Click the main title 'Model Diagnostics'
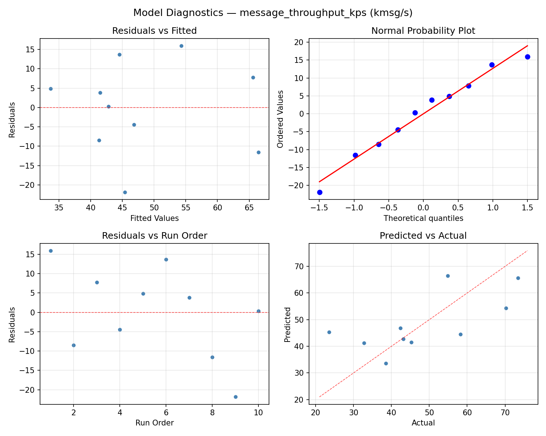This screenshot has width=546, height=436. (273, 13)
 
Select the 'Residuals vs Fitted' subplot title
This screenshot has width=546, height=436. (154, 31)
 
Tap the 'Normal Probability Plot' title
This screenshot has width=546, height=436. (423, 31)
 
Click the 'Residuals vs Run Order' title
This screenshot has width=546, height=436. (154, 236)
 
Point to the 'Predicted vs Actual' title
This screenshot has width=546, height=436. (423, 236)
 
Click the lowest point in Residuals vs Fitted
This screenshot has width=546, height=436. (125, 192)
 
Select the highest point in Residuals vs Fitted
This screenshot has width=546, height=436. (181, 46)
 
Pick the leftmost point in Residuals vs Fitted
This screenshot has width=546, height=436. (51, 89)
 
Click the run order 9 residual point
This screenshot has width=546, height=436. (236, 397)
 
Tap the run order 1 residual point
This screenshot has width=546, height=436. (51, 251)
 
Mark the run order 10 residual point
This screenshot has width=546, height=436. (258, 311)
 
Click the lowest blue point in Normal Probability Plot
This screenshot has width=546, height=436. (320, 192)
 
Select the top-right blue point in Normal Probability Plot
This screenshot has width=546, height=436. (527, 57)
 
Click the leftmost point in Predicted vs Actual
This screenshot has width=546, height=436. (329, 332)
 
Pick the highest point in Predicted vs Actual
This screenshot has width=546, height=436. (448, 276)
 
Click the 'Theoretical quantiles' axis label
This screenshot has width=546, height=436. (423, 218)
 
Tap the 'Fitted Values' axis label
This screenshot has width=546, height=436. (154, 218)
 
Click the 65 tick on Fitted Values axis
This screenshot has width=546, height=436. (249, 208)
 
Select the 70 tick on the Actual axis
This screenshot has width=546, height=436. (505, 413)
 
